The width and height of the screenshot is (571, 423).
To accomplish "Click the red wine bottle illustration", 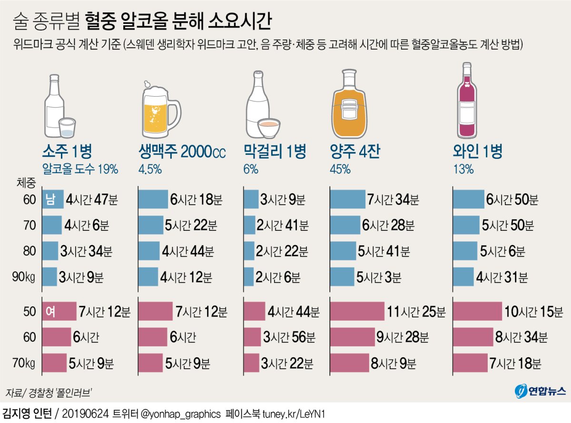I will click(467, 102).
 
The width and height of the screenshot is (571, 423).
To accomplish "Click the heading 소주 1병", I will click(67, 152).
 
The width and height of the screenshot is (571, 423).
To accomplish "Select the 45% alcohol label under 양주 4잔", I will click(340, 168).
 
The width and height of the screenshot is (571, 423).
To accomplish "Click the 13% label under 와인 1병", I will click(463, 168).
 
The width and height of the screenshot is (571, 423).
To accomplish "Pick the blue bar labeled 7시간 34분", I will click(347, 199).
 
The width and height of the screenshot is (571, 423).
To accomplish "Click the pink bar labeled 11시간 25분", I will click(357, 312).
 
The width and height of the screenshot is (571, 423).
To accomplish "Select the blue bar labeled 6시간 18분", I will click(153, 199).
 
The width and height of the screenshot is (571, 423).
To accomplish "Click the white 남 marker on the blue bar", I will click(49, 199).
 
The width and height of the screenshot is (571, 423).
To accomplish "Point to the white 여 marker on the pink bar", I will click(49, 312).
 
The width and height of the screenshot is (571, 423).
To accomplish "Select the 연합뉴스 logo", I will click(541, 391).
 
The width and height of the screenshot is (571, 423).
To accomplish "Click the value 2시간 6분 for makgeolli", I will click(278, 277).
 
